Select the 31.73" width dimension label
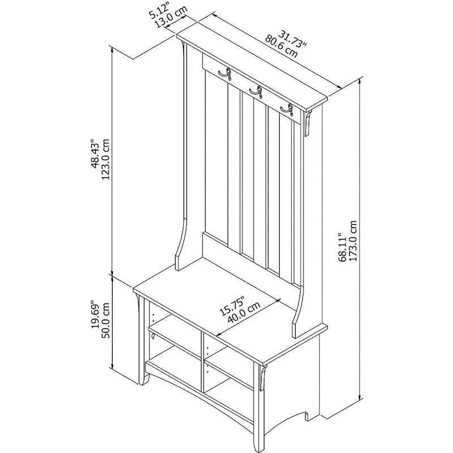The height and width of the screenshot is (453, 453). (292, 39)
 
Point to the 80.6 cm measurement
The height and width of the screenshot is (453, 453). (281, 46)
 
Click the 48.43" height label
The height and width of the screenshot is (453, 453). (95, 153)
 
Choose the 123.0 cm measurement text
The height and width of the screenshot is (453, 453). (106, 160)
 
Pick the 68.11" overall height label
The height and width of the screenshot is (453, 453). (343, 247)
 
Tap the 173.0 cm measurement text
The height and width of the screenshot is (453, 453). (353, 241)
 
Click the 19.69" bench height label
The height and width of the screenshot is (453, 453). (95, 316)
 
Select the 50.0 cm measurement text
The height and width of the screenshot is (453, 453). (106, 320)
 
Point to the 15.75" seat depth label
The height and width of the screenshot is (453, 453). (232, 306)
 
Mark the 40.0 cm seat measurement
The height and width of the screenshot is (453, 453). (244, 313)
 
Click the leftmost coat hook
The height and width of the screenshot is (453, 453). (225, 75)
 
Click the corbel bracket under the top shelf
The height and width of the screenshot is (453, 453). (308, 123)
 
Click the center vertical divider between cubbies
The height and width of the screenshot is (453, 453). (202, 362)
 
